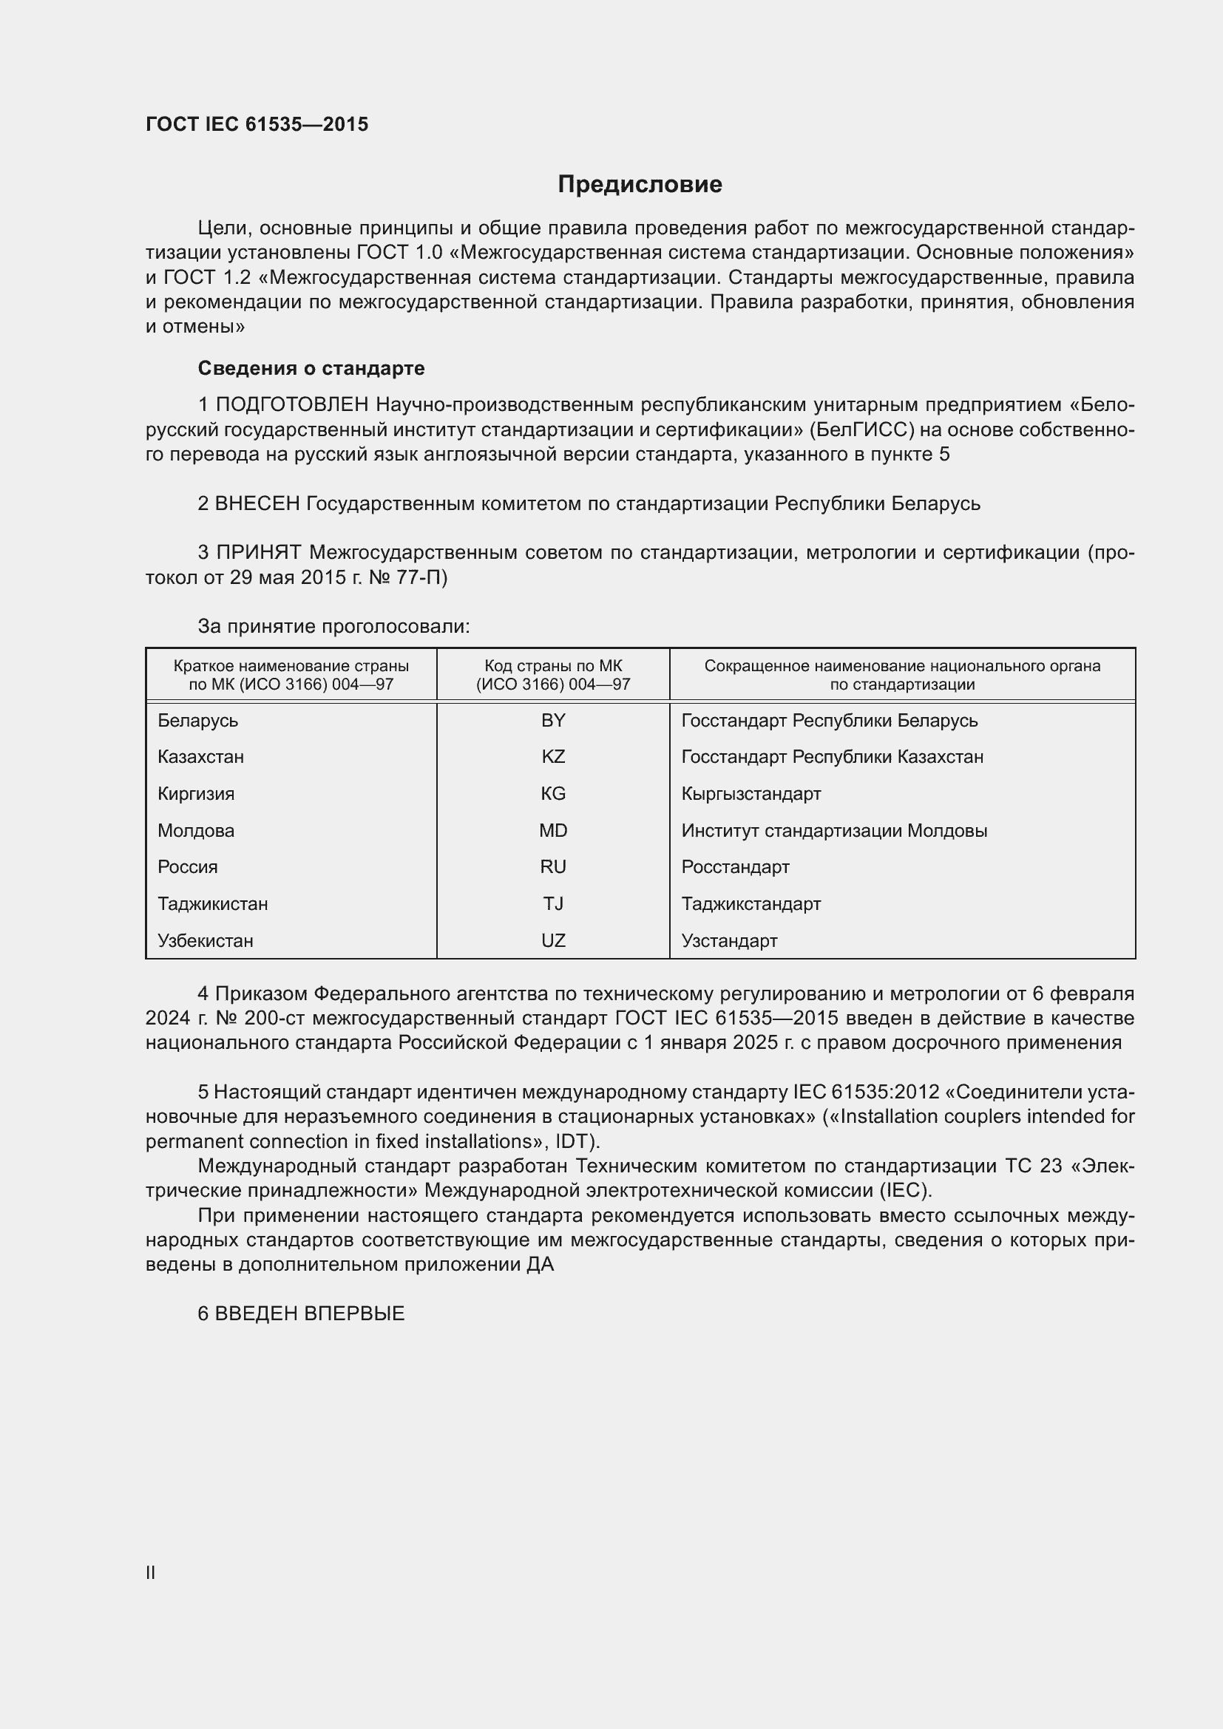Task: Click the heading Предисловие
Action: (640, 185)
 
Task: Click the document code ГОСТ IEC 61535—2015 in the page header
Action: (257, 125)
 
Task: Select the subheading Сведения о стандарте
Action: (311, 368)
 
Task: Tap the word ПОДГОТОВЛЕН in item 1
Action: (292, 405)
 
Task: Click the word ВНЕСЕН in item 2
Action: (257, 503)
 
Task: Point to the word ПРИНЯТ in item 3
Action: (259, 553)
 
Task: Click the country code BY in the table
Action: (553, 721)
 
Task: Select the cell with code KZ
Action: (553, 757)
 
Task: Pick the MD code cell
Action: (553, 831)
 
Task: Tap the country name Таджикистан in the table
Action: (212, 903)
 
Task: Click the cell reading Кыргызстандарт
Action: (751, 794)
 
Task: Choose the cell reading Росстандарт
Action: (735, 867)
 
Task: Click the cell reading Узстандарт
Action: (729, 940)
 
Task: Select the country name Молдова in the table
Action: (196, 831)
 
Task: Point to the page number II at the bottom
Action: (151, 1572)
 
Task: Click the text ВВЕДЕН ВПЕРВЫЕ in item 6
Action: (310, 1314)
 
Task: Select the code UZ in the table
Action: (553, 940)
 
